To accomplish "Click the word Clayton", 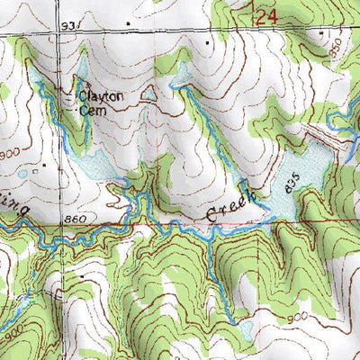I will (x=99, y=94).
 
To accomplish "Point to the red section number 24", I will (x=263, y=16).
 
